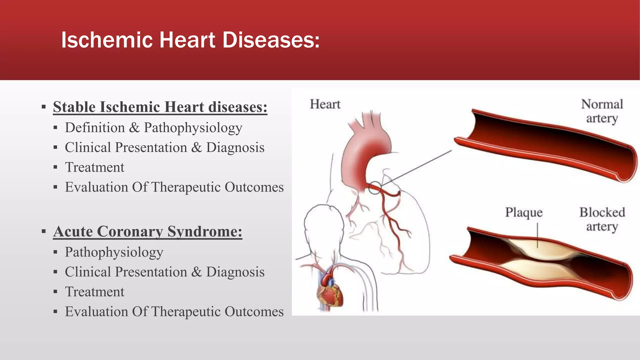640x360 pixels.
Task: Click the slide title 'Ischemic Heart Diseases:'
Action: [190, 40]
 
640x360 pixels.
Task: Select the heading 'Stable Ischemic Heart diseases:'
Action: [160, 107]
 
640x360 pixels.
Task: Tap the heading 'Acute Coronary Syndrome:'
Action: [147, 231]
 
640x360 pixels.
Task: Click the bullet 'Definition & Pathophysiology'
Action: [153, 127]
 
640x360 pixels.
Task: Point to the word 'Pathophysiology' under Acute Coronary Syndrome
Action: [114, 252]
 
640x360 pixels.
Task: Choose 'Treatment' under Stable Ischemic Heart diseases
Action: [94, 167]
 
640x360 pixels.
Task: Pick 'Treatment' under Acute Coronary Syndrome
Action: [94, 292]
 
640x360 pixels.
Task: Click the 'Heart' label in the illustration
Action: [325, 104]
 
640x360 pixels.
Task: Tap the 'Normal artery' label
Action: [602, 111]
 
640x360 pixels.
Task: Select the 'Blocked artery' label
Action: [602, 219]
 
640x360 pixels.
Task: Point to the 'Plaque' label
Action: [524, 212]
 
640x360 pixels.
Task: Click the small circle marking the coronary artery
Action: [375, 188]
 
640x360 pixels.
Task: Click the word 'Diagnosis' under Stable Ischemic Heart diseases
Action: [235, 147]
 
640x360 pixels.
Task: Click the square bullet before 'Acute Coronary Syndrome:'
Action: [44, 232]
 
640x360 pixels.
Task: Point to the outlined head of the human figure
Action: [323, 225]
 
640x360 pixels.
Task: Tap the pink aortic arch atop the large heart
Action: [369, 147]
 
